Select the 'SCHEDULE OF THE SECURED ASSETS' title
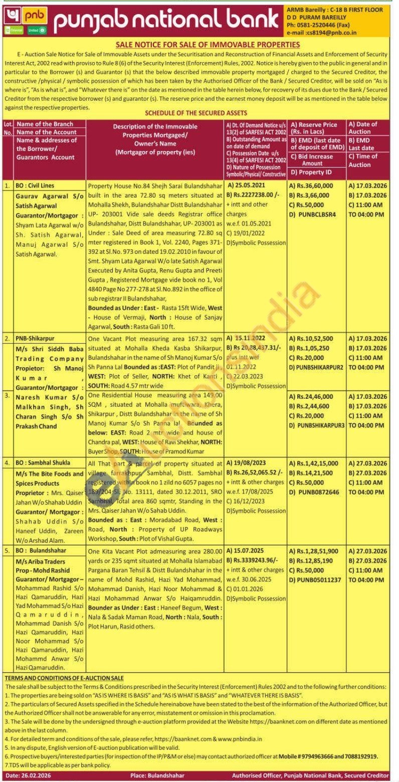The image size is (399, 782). [x=196, y=113]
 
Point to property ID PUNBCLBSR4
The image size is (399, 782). [x=317, y=214]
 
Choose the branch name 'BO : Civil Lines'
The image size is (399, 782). [x=35, y=186]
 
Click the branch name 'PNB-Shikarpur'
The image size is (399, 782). [x=35, y=339]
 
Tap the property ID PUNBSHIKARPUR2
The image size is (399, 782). [x=320, y=367]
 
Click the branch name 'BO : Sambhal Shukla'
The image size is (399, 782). [x=43, y=463]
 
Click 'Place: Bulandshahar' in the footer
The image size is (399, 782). [x=157, y=775]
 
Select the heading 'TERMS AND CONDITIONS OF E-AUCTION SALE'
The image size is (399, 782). [x=64, y=678]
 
